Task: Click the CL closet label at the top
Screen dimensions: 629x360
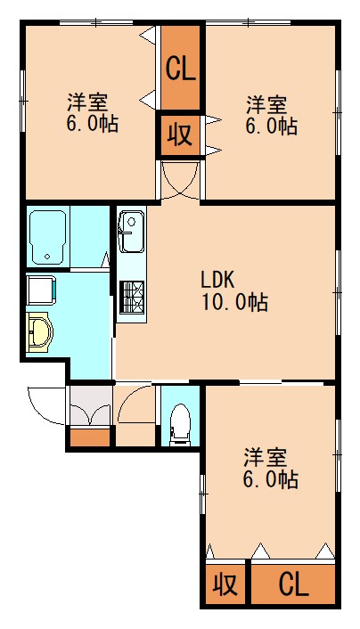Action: click(183, 67)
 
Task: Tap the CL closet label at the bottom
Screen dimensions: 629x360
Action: click(293, 584)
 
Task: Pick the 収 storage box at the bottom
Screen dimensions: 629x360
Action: click(225, 584)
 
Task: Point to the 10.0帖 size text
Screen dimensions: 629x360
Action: click(233, 302)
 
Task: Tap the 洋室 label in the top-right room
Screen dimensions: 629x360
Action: click(266, 103)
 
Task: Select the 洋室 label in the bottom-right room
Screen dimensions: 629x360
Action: click(266, 458)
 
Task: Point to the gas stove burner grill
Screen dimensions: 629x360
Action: click(131, 296)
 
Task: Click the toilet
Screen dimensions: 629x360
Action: click(181, 421)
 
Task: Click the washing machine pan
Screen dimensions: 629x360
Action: click(41, 290)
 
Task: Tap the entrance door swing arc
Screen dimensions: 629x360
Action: click(45, 405)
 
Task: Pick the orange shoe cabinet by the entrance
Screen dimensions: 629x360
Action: click(90, 437)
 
